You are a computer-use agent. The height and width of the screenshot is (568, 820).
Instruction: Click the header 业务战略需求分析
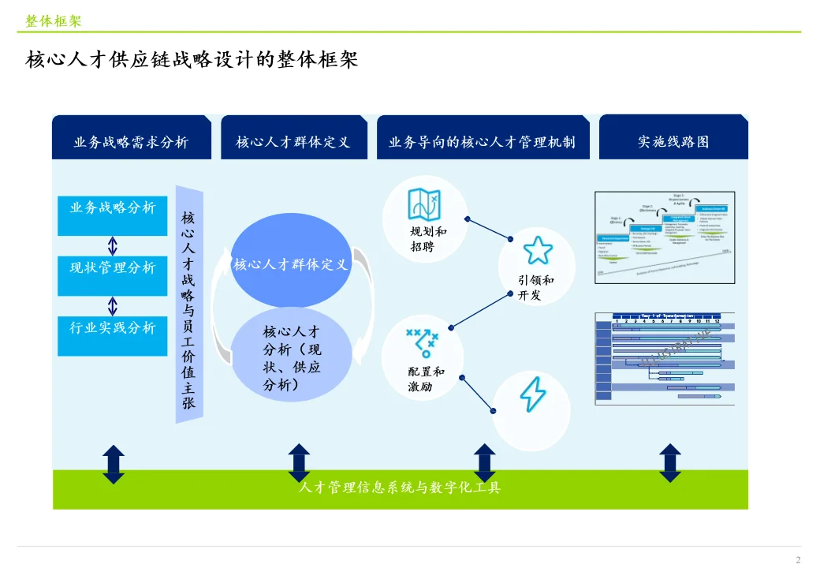[x=131, y=142]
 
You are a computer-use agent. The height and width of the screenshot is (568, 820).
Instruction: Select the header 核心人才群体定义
[x=293, y=142]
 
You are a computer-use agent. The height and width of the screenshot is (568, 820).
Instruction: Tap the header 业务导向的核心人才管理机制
[x=482, y=142]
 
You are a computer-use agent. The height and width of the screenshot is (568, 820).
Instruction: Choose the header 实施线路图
[x=673, y=142]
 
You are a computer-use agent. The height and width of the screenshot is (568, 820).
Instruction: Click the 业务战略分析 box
[x=113, y=208]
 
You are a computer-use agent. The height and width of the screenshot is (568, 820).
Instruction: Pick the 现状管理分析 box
[x=113, y=268]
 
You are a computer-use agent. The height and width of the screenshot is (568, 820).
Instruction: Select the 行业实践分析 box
[x=113, y=328]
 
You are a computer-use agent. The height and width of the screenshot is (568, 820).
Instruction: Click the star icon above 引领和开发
[x=537, y=250]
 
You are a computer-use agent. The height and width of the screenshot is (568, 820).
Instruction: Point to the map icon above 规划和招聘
[x=424, y=205]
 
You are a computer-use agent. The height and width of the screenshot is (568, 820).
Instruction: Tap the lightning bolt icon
[x=532, y=394]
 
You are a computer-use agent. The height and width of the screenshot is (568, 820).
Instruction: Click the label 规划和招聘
[x=429, y=239]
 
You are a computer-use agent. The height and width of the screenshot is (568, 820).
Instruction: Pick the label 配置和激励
[x=427, y=379]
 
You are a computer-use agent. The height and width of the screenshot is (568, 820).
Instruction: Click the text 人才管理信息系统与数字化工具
[x=400, y=488]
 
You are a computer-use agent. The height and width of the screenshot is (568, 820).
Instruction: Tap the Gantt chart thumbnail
[x=665, y=358]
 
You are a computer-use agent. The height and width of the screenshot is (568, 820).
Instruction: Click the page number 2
[x=798, y=559]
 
